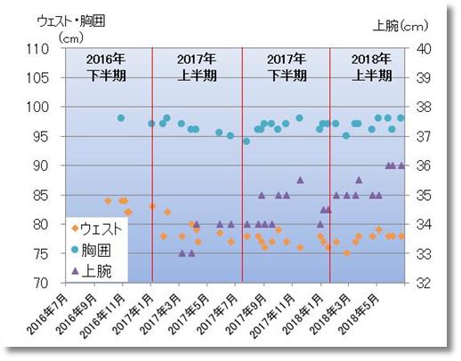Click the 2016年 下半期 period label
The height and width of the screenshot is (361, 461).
pos(108,68)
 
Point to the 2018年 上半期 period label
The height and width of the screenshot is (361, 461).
pos(369,68)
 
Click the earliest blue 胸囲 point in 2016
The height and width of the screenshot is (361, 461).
pos(121,118)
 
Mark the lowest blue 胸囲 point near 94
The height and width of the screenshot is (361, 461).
pos(247,141)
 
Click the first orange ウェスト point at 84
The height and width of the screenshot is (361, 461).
pos(109,201)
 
